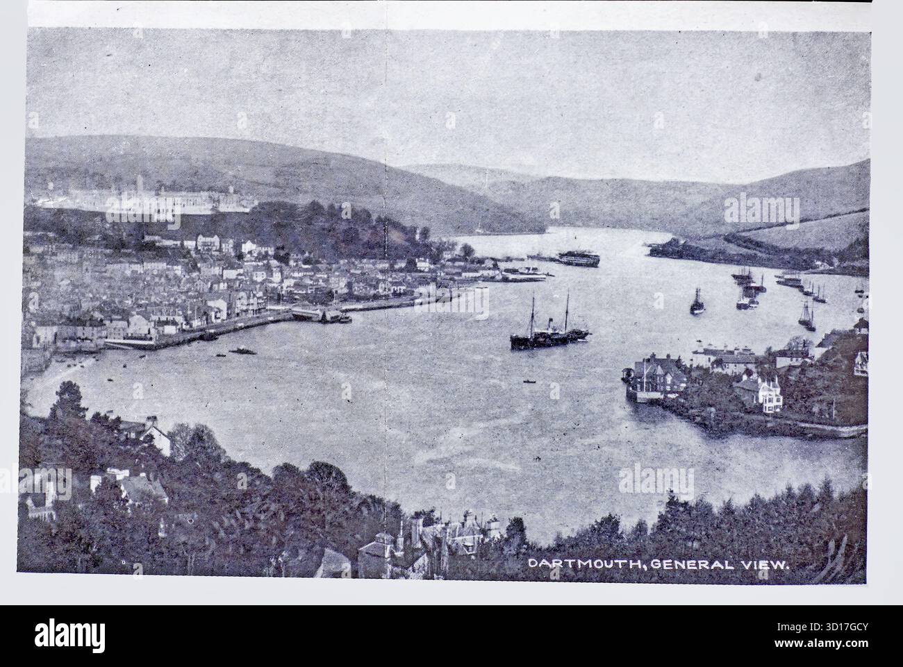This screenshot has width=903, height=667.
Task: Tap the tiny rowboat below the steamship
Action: [529, 380]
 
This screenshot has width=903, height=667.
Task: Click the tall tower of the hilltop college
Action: [140, 183]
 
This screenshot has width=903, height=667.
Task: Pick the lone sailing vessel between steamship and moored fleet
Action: [696, 303]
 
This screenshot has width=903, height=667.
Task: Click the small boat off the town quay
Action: [241, 351]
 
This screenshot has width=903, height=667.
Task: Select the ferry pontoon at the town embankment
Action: [313, 314]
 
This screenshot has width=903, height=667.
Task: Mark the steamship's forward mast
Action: [533, 316]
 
